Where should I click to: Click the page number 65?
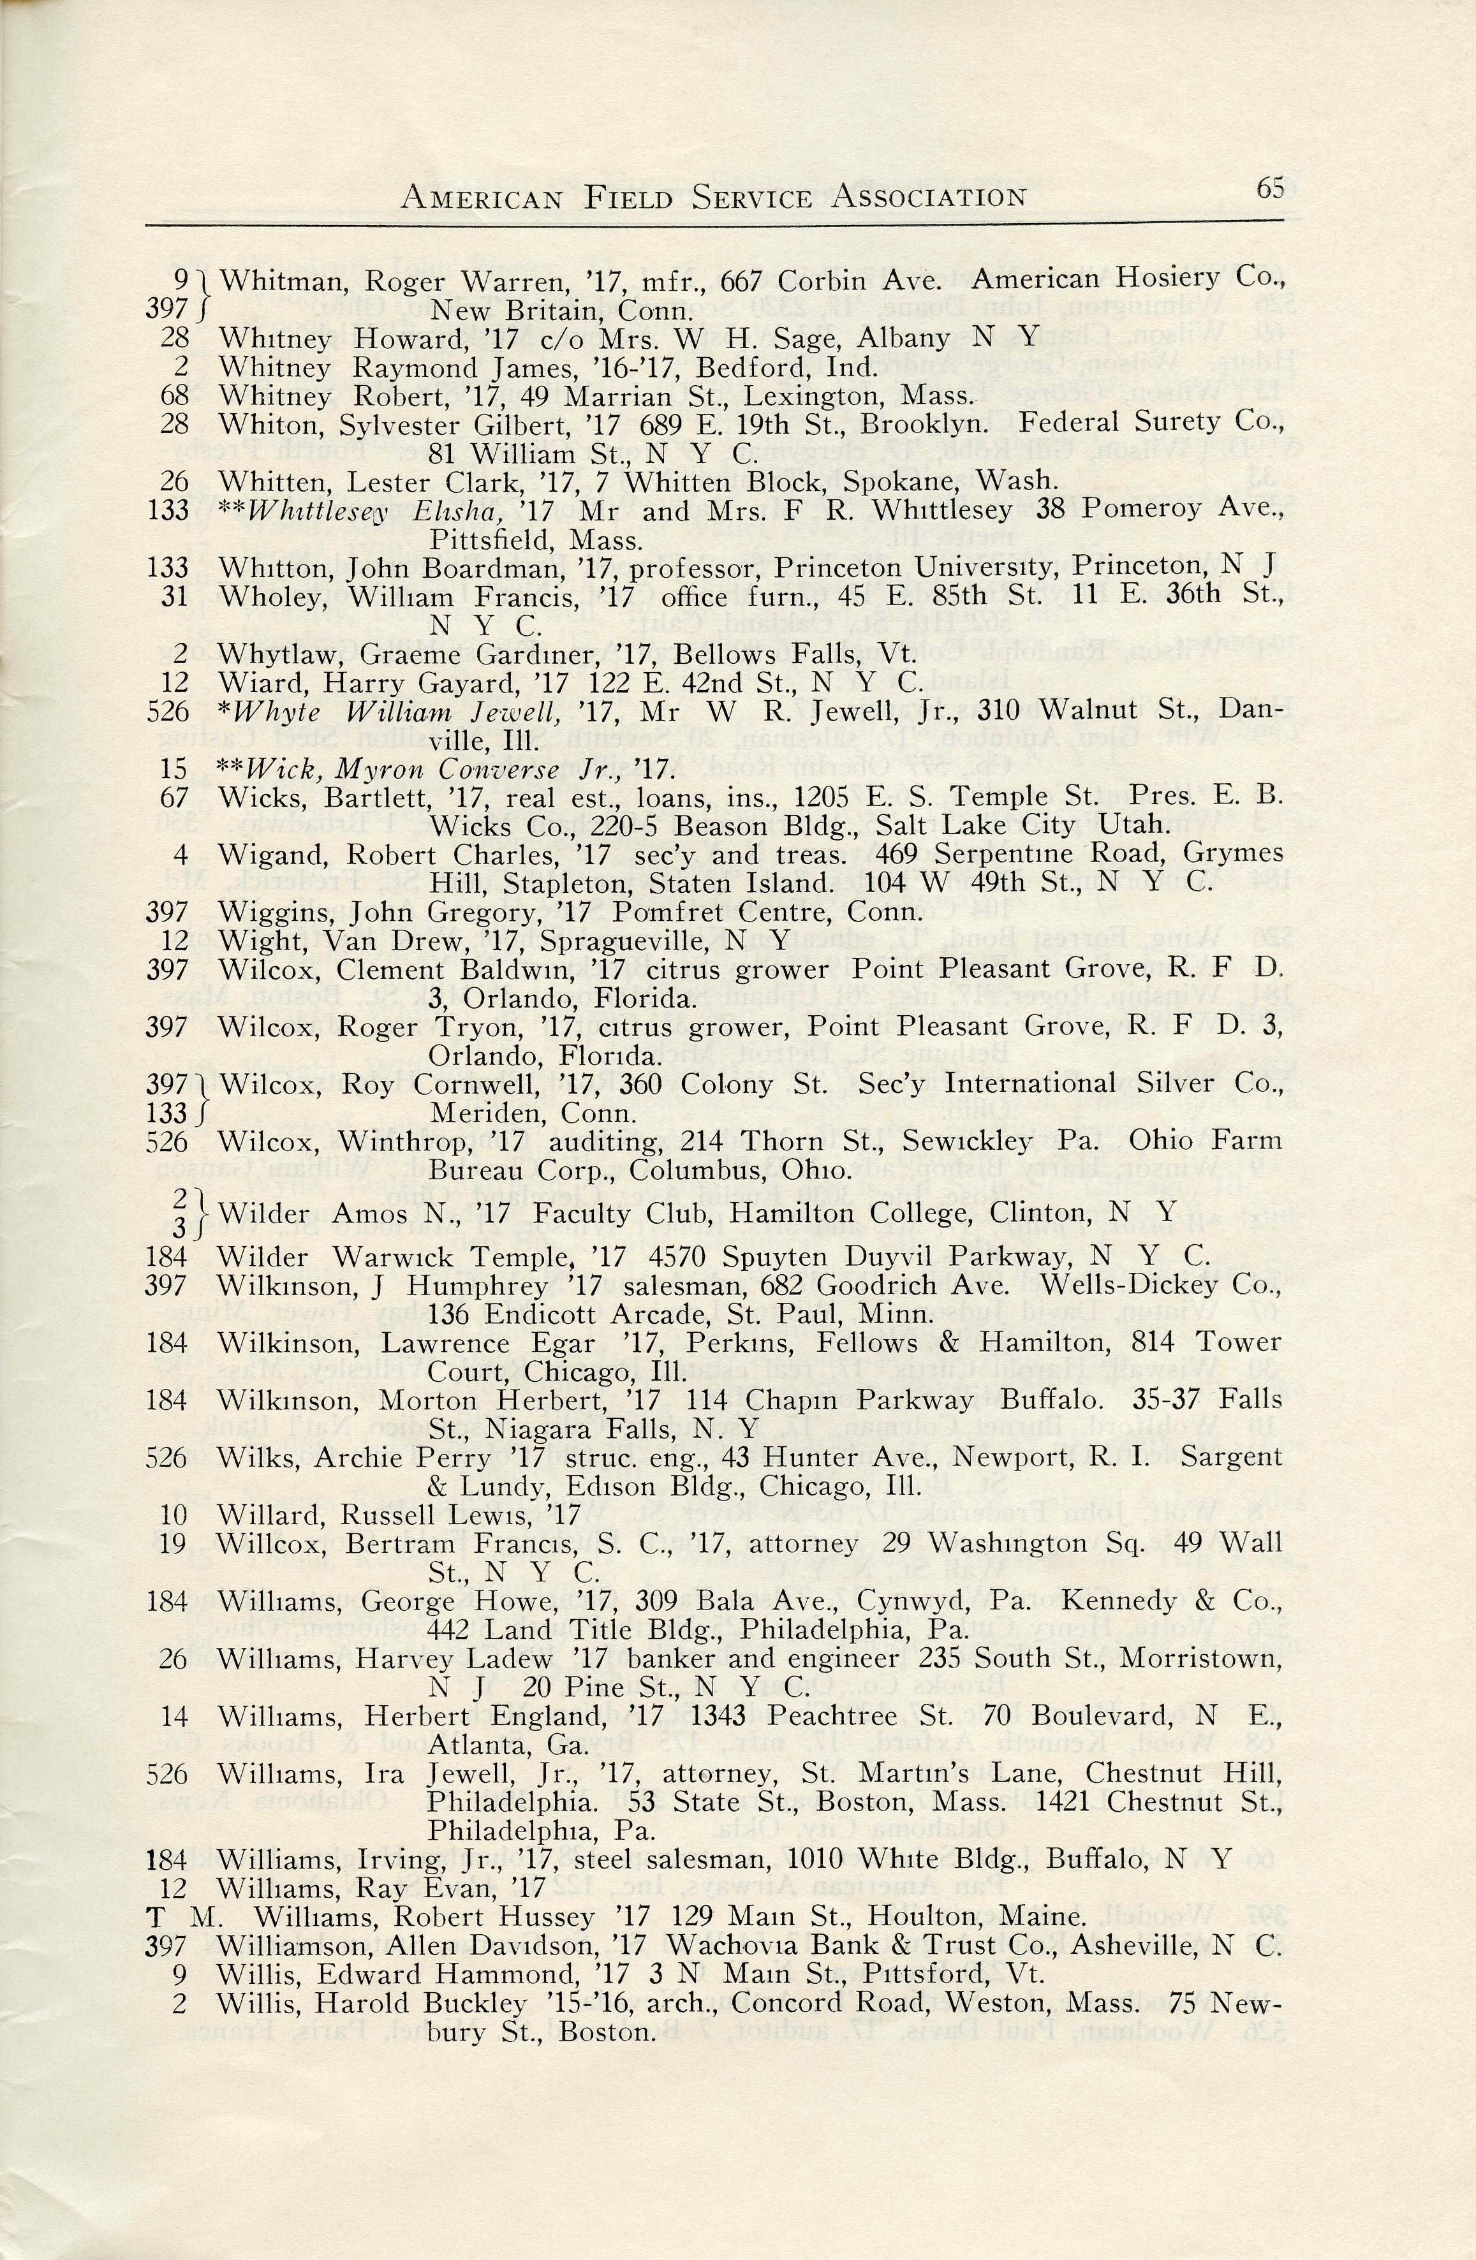coord(1270,188)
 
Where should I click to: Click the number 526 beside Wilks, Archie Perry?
coord(167,1458)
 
